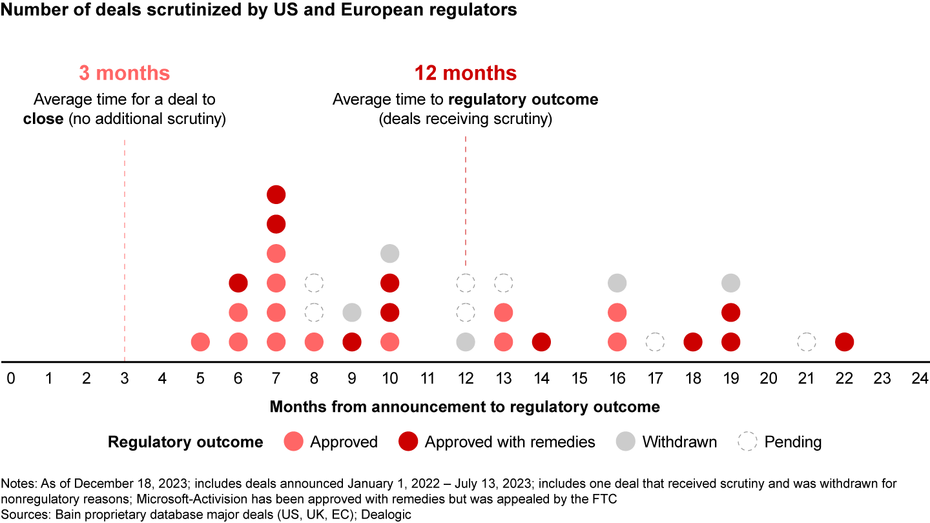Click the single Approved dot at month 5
200,342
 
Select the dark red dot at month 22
843,342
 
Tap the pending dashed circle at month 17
655,342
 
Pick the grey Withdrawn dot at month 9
351,313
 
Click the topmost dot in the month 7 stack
276,194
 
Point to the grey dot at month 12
465,342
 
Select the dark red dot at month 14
541,342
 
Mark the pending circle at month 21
806,342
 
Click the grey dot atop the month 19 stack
730,283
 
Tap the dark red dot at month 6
238,283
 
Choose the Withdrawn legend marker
626,442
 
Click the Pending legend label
792,442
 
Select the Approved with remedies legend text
510,442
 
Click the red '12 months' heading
465,73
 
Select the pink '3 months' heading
125,73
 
